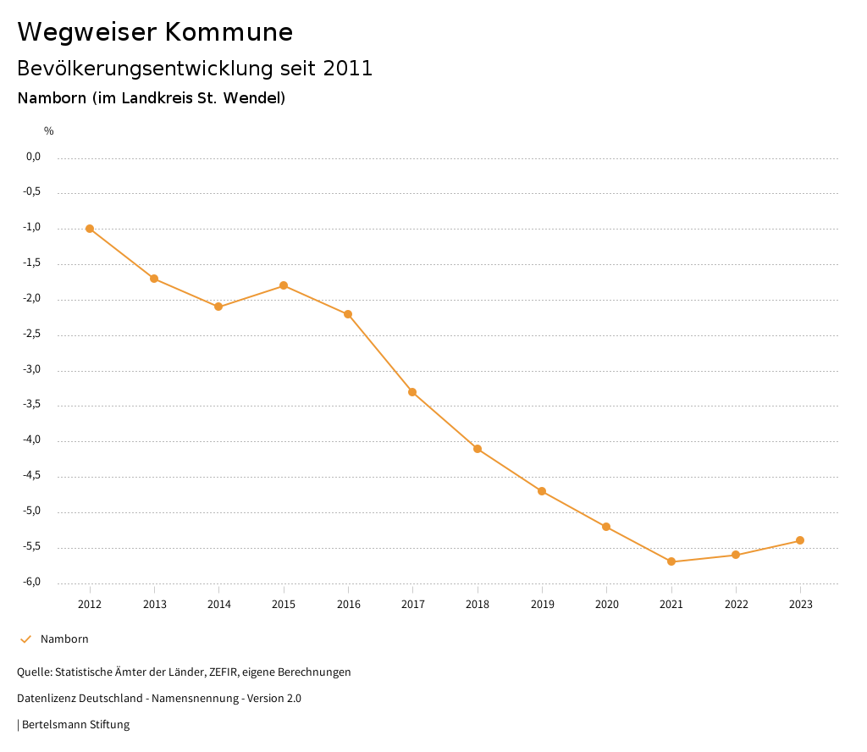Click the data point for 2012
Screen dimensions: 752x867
90,229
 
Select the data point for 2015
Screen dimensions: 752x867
284,285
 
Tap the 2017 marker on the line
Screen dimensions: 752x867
412,392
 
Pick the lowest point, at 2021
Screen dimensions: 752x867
671,561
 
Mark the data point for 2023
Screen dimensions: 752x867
800,540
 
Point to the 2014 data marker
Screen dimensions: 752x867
218,307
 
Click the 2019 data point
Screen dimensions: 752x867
542,491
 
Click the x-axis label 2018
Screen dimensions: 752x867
478,605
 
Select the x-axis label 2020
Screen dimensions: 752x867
606,605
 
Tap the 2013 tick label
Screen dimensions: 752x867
154,605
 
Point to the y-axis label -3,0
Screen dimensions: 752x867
32,370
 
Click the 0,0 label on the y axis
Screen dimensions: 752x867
33,157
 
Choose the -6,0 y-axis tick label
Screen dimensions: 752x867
32,583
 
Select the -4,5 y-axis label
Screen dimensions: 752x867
32,476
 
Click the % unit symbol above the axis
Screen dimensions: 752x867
49,131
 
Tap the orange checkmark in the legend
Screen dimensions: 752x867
25,639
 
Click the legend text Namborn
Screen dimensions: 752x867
64,639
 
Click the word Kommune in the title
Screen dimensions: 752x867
229,32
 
